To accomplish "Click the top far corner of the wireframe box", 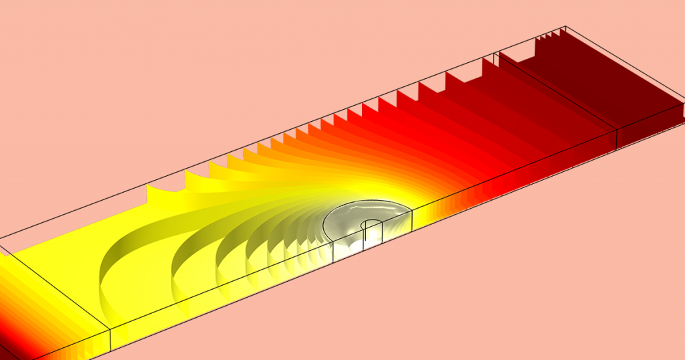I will pos(567,27).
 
